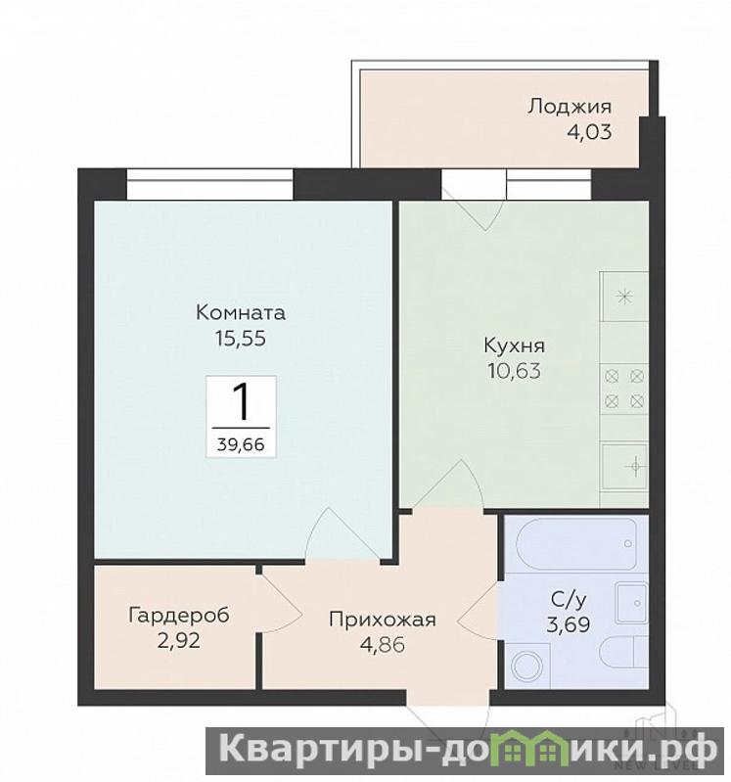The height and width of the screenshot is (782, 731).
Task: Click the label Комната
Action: click(x=241, y=312)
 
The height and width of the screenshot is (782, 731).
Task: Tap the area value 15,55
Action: click(x=241, y=339)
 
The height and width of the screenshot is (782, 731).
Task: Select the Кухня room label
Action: click(x=515, y=345)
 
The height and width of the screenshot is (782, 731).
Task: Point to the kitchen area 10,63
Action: click(x=515, y=371)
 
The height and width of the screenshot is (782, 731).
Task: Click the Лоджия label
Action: click(x=570, y=107)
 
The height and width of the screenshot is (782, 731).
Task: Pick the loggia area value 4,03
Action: click(x=589, y=132)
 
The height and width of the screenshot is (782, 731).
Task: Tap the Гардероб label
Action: click(x=179, y=616)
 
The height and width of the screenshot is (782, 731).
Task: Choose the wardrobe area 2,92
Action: click(x=179, y=640)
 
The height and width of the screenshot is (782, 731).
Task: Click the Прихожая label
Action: click(x=383, y=620)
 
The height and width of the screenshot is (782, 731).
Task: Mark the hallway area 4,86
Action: click(x=383, y=645)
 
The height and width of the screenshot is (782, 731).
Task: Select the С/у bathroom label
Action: click(x=569, y=600)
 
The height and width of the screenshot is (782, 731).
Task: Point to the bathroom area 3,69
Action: click(x=569, y=624)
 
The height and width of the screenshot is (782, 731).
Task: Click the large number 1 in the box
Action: click(x=242, y=402)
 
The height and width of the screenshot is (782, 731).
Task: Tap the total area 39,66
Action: click(x=241, y=444)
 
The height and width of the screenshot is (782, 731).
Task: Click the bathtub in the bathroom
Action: click(x=577, y=544)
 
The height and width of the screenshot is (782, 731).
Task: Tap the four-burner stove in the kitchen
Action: click(x=624, y=389)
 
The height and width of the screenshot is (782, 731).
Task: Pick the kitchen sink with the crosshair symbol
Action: click(x=624, y=466)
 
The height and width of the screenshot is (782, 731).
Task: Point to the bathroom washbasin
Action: click(x=632, y=603)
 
